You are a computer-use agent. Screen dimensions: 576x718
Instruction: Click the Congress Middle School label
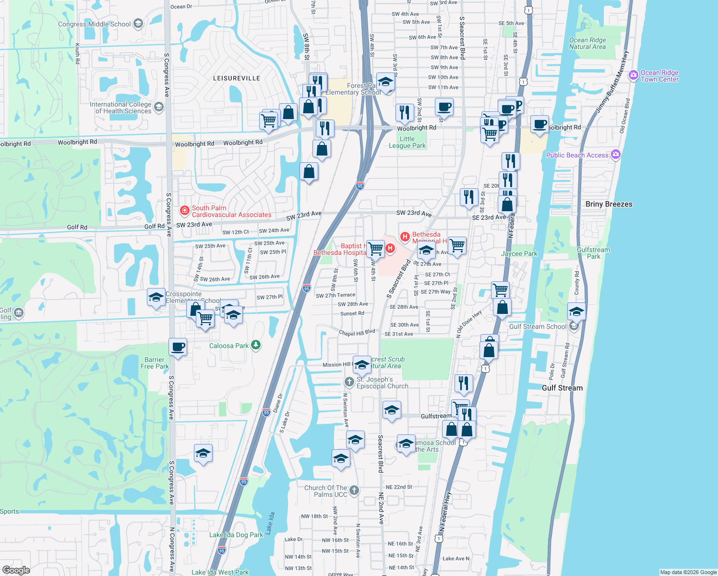[x=94, y=24]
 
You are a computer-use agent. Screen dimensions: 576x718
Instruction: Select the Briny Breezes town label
[x=609, y=204]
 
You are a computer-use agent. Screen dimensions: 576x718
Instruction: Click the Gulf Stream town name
[x=562, y=388]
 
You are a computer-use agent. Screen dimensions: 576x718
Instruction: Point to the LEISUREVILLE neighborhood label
[x=236, y=78]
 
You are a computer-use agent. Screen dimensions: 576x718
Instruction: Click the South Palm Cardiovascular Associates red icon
[x=184, y=211]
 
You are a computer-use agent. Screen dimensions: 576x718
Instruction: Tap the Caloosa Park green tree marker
[x=256, y=345]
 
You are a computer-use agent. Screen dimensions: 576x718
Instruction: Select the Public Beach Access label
[x=577, y=155]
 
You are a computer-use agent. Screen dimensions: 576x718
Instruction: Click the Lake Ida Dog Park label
[x=236, y=535]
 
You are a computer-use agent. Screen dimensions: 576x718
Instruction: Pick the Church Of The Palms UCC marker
[x=354, y=490]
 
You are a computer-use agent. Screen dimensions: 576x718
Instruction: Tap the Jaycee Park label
[x=519, y=253]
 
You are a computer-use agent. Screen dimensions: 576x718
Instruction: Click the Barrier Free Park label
[x=155, y=363]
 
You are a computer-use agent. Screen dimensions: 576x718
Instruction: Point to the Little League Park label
[x=407, y=142]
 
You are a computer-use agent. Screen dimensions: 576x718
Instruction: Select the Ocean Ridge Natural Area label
[x=587, y=43]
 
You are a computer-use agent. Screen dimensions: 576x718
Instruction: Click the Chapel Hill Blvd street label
[x=357, y=333]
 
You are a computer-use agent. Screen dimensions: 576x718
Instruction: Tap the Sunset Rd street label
[x=352, y=313]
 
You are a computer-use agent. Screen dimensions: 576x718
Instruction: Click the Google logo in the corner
[x=16, y=570]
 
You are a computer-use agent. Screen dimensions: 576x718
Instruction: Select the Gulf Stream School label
[x=538, y=326]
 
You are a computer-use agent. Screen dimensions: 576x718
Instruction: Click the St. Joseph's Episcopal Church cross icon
[x=349, y=382]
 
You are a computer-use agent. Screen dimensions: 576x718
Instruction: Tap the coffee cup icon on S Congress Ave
[x=178, y=347]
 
